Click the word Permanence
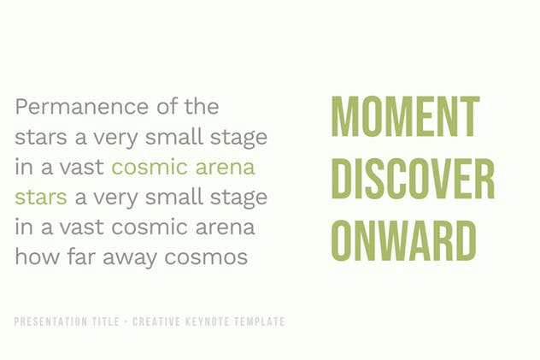tap(82, 106)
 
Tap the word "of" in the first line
tap(167, 106)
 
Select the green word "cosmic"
tap(150, 167)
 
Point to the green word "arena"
tap(226, 168)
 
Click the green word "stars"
tap(41, 198)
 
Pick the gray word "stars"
tap(41, 137)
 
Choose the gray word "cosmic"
tap(150, 227)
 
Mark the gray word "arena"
tap(226, 227)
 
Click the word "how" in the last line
tap(38, 257)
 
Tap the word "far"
tap(81, 257)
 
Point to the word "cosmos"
tap(206, 257)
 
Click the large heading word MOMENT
tap(405, 116)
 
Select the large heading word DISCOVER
tap(413, 179)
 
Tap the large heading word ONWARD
tap(403, 240)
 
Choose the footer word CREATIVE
tap(156, 322)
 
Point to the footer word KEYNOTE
tap(208, 322)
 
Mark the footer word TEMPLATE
tap(260, 322)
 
